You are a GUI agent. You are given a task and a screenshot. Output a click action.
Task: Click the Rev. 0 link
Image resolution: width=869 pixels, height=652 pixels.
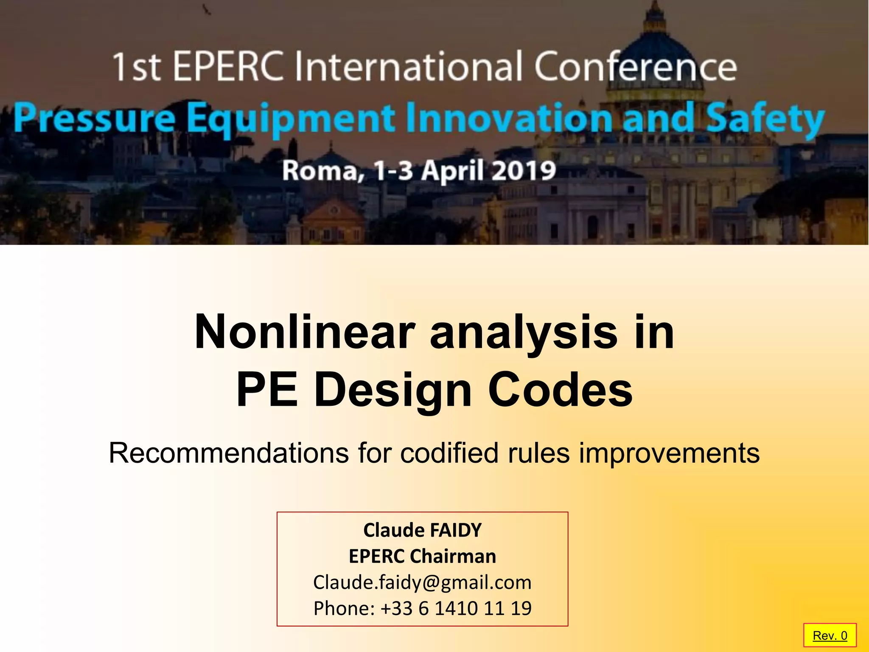tap(830, 635)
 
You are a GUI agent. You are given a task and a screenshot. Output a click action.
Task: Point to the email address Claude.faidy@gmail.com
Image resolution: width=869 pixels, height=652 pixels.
tap(422, 582)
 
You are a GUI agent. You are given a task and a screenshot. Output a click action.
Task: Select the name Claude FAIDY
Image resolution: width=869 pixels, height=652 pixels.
tap(422, 530)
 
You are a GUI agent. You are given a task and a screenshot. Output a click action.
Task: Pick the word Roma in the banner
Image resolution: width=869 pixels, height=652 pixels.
tap(321, 171)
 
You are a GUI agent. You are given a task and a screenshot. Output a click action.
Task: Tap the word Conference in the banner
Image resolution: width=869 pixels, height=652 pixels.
tap(635, 67)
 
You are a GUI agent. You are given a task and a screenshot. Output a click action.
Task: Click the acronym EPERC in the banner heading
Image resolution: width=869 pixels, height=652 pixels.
tap(228, 67)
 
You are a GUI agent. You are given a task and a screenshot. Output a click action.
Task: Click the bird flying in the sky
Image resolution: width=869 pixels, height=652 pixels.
tap(207, 9)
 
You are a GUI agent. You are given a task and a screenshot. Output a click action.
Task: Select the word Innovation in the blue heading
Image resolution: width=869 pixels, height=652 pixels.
tap(509, 118)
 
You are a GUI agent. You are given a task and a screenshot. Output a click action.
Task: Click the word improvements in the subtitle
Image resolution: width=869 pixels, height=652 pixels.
tap(669, 454)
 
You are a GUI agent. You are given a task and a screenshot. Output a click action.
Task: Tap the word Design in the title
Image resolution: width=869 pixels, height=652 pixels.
tap(392, 390)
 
